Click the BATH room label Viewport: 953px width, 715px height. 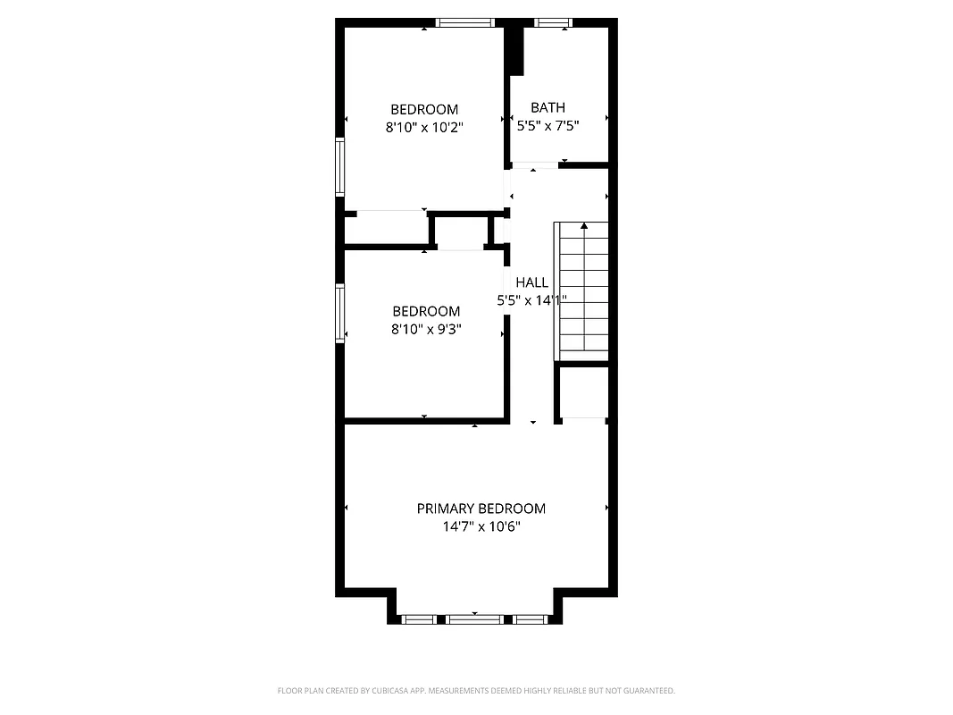pos(548,107)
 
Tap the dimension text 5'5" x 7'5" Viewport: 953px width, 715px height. pos(548,127)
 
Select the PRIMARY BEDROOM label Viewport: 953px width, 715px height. pos(481,509)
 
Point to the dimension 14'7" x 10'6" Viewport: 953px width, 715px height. pos(481,527)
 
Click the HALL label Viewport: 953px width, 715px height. pos(531,282)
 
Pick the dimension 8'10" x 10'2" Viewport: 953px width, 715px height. pos(424,128)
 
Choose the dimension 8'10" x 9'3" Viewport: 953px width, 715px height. pos(426,330)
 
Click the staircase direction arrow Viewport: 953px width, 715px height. pos(584,227)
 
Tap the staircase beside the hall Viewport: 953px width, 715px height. pos(582,290)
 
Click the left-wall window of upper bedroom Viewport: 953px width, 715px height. pos(340,166)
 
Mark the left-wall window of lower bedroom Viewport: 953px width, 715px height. pos(340,313)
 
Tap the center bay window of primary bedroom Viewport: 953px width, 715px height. pos(473,618)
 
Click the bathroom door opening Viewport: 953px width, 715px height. pos(534,164)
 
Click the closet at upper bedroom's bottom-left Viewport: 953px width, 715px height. pos(386,229)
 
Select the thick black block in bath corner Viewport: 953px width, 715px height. pos(514,51)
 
